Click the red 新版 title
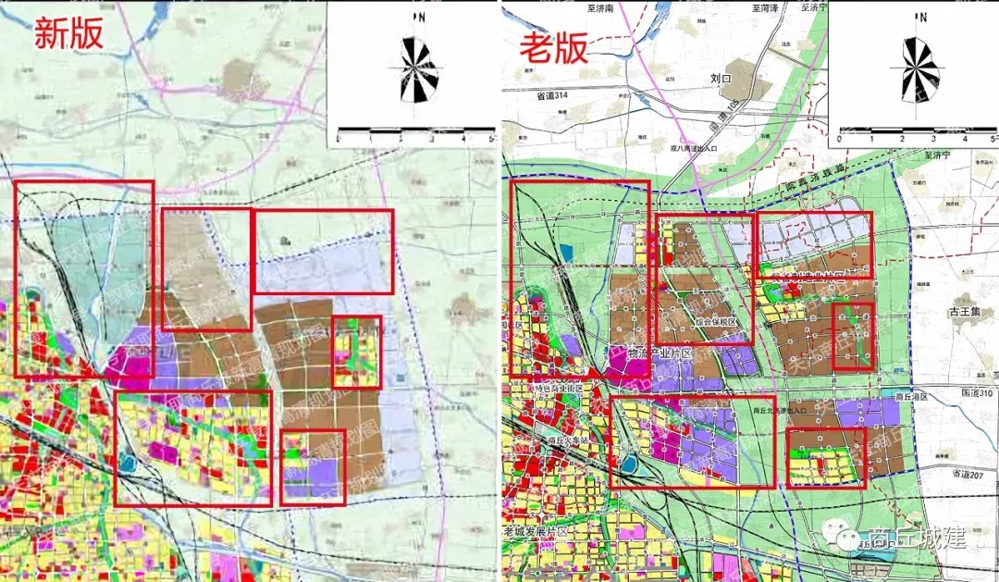point(68,33)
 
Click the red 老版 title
point(554,48)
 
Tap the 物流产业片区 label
point(639,353)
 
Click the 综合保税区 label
point(710,322)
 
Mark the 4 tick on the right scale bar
point(965,138)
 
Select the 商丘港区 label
point(911,395)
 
